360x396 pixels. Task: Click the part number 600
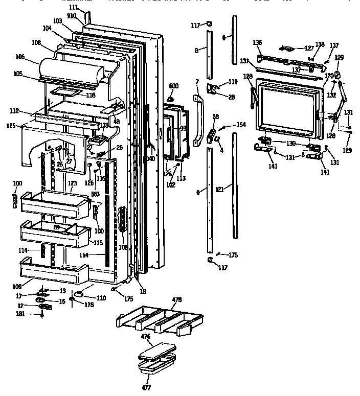[x=174, y=86]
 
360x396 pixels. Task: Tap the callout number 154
[x=241, y=125]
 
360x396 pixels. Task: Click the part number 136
[x=257, y=43]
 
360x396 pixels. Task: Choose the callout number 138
[x=320, y=44]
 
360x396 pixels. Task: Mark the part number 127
[x=309, y=49]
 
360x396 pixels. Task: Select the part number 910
[x=71, y=16]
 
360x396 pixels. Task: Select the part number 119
[x=233, y=81]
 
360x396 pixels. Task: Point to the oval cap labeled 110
[x=80, y=294]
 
